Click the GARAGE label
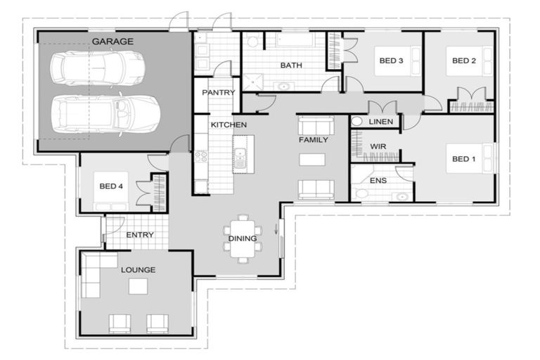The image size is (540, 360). [112, 41]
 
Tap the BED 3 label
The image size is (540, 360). [391, 61]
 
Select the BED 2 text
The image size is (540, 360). [463, 61]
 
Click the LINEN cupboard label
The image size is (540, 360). [381, 122]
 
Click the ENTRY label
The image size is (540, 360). [140, 235]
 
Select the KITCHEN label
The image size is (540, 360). [229, 124]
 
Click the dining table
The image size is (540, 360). [243, 238]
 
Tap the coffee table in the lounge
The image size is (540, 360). [138, 286]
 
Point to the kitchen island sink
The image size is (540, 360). [240, 157]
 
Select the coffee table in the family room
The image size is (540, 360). [312, 159]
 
